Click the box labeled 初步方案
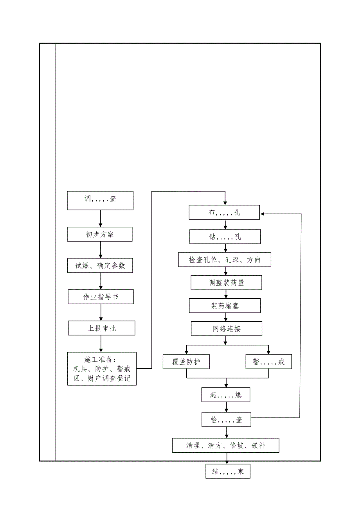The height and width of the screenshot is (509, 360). click(100, 235)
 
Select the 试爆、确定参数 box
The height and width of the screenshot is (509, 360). click(100, 265)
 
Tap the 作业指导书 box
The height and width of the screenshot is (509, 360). click(101, 297)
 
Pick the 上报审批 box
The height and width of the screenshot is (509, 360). click(101, 328)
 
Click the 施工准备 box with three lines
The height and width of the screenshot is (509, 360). click(102, 369)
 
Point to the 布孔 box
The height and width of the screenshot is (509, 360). click(225, 213)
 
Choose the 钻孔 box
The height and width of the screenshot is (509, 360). click(225, 237)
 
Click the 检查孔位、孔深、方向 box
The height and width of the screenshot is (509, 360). click(225, 260)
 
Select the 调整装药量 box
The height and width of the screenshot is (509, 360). click(226, 283)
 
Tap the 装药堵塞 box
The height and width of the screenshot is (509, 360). click(225, 306)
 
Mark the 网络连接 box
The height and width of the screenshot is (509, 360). click(227, 329)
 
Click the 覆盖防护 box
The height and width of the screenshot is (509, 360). click(186, 362)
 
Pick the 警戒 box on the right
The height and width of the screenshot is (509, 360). click(269, 362)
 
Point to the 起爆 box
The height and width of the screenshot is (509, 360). click(226, 395)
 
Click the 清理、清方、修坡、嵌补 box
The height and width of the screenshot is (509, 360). click(226, 445)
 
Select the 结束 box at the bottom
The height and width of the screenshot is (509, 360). click(228, 471)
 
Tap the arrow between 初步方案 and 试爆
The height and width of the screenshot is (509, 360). click(101, 250)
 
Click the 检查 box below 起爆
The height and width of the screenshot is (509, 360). click(226, 420)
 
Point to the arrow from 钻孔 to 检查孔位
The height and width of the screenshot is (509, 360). click(225, 249)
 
